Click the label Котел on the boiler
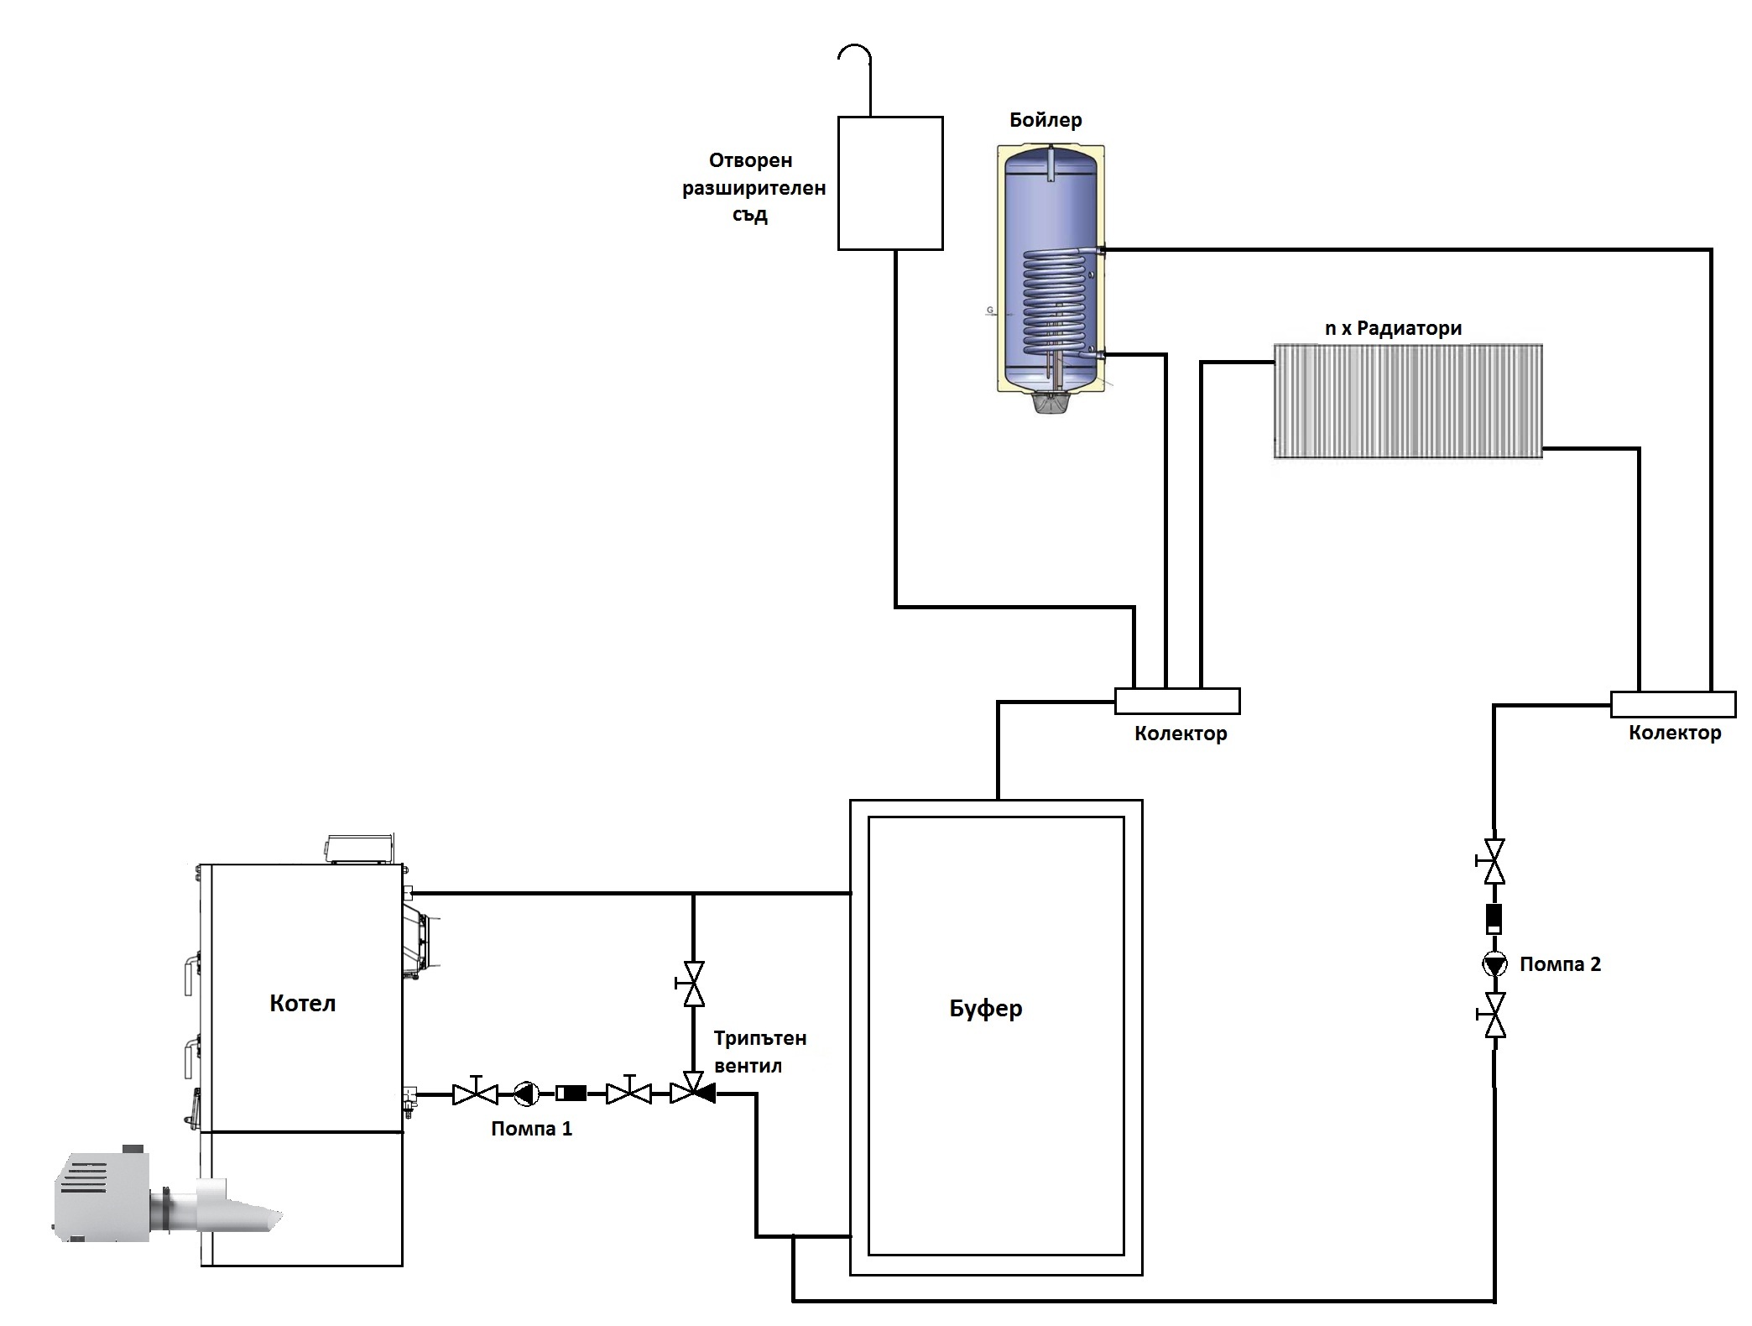(302, 1003)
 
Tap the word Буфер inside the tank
(986, 1008)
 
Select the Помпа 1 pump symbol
(526, 1094)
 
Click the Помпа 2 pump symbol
(1494, 964)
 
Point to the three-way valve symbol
(693, 1093)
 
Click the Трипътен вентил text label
(759, 1052)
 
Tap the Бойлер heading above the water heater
(1045, 120)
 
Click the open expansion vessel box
(890, 183)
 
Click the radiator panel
(1408, 400)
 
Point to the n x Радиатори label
(1393, 329)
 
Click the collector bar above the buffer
(1176, 701)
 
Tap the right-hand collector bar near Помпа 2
(1672, 704)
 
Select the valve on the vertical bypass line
(693, 984)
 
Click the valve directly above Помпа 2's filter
(1494, 861)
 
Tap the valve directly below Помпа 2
(1494, 1015)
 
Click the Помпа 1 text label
(532, 1129)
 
